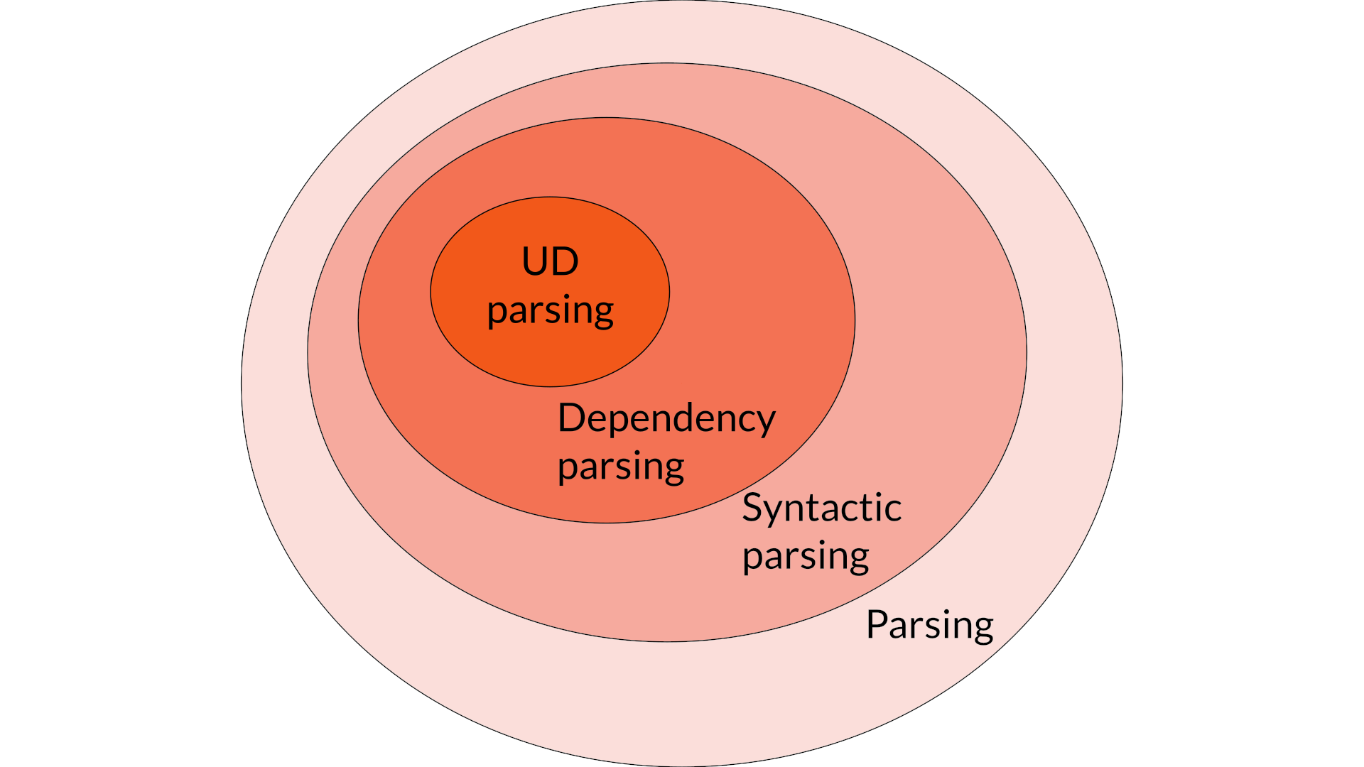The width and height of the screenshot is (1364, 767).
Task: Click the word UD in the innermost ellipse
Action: click(x=550, y=261)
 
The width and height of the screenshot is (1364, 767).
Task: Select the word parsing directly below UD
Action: click(x=550, y=311)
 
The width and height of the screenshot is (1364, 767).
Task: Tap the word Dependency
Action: click(x=666, y=418)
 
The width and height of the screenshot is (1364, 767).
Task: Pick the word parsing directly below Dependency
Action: click(x=620, y=467)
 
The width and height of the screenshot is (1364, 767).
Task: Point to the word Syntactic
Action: click(x=821, y=508)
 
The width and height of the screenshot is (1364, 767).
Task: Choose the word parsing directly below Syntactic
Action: click(x=805, y=556)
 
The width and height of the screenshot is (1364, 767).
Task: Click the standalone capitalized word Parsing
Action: click(x=929, y=626)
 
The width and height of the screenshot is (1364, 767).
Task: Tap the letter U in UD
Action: click(x=534, y=261)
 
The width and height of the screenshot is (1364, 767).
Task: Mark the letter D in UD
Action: click(x=566, y=261)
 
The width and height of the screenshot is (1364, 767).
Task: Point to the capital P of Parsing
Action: click(x=877, y=624)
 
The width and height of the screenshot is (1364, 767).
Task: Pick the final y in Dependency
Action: click(x=765, y=423)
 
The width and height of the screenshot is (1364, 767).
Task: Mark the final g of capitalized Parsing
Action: click(x=983, y=629)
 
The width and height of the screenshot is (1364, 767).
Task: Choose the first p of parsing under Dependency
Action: click(x=568, y=470)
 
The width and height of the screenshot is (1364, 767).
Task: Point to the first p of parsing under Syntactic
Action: click(x=753, y=560)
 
